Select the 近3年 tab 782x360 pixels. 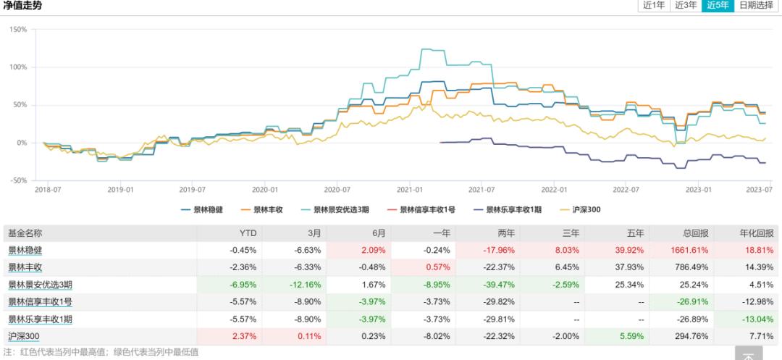[685, 6]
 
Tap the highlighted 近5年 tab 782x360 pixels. [717, 6]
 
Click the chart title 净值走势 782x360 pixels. [22, 6]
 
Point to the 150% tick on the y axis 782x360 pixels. [17, 30]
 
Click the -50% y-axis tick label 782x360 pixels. [17, 180]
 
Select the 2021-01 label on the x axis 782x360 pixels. [410, 189]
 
